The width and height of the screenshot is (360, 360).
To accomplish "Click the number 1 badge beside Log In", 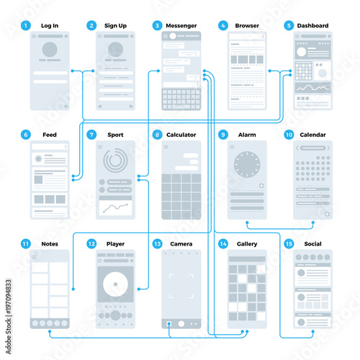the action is point(26,25).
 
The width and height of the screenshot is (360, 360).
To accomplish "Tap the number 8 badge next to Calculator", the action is point(157,135).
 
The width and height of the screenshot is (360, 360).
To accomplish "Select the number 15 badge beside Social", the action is point(289,244).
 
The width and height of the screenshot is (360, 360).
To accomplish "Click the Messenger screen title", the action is point(181,26).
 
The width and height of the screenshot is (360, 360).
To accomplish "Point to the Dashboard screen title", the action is point(312,26).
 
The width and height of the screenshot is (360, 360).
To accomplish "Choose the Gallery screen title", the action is point(247,244).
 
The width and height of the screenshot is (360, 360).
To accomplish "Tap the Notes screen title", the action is point(50,244).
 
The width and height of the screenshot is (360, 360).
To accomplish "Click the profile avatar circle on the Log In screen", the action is point(50,50).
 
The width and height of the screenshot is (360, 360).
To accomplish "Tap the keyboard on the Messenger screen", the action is point(181,99).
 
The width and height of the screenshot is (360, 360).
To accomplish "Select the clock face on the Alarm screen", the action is point(247,164).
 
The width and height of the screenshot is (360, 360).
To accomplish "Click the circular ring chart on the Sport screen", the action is point(115,161).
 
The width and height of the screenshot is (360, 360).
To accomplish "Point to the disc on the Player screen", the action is point(115,284).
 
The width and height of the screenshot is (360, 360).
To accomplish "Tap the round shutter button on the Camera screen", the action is point(181,324).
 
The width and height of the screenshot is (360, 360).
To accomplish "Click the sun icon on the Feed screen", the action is point(38,158).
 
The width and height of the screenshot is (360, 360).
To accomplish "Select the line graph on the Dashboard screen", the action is point(312,88).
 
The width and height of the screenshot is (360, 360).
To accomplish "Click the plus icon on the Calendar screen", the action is point(327,214).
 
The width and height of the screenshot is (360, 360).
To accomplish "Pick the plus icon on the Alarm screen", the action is point(261,186).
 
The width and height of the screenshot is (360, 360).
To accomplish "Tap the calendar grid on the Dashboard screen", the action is point(303,71).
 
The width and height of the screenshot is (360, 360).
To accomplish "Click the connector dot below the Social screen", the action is point(312,331).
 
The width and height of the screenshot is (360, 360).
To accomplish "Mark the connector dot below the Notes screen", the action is point(50,331).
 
